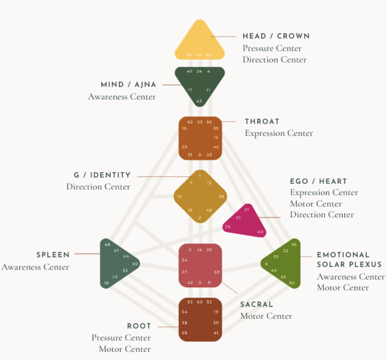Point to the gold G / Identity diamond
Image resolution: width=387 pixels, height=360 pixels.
[x=200, y=196]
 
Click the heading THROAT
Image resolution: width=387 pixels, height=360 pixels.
[x=262, y=121]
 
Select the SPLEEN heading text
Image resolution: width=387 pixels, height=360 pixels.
[x=53, y=255]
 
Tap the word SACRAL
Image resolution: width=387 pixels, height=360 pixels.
[x=257, y=304]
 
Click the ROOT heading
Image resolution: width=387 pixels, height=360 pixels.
[x=139, y=326]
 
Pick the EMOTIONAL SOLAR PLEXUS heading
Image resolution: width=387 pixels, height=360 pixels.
[x=349, y=260]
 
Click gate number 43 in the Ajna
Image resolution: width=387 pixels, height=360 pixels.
[x=199, y=101]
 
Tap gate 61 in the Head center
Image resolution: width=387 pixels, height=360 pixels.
[x=199, y=55]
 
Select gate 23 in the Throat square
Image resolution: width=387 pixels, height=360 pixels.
[x=200, y=122]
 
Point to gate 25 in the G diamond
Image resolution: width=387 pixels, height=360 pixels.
[x=221, y=197]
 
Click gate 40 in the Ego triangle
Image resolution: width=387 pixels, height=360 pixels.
[x=260, y=232]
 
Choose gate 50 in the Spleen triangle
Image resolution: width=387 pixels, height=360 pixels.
[x=135, y=264]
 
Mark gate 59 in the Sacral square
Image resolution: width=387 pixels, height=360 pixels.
[x=217, y=272]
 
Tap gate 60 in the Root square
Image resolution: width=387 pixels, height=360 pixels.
[x=200, y=302]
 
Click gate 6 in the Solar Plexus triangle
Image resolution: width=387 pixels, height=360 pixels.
[x=266, y=264]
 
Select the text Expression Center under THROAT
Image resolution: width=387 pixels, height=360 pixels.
[x=279, y=133]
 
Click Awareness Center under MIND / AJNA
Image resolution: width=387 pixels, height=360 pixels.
[x=122, y=97]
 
